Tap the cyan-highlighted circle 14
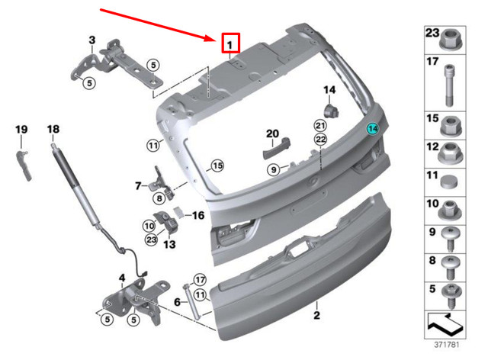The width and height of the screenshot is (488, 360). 373,129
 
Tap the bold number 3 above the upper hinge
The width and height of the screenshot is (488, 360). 92,40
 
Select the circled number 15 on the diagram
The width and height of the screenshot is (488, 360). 217,166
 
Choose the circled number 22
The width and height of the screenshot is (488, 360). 320,138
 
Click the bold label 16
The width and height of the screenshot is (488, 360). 197,216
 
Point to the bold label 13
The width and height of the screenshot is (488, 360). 169,244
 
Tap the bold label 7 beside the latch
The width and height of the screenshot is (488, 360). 139,185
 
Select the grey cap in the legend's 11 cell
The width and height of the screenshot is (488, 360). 448,180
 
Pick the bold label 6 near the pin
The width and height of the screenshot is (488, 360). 177,302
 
